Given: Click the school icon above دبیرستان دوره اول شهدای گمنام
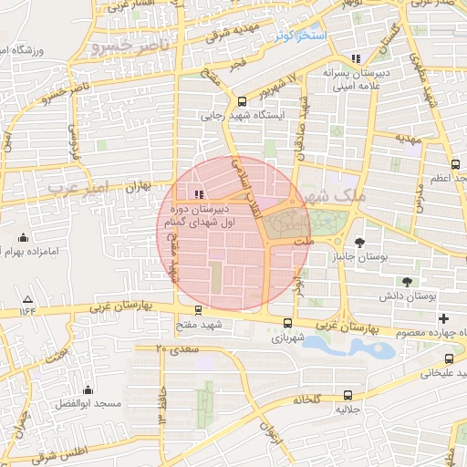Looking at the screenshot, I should [x=199, y=193].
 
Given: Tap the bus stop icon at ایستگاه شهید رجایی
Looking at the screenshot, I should [x=242, y=101].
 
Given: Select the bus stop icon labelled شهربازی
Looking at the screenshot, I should [x=288, y=323].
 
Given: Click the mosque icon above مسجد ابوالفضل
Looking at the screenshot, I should [x=87, y=389].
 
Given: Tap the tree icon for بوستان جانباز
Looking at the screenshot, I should [x=360, y=243].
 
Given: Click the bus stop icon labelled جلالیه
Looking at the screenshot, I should [x=348, y=395].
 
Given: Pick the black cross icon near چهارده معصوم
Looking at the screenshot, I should [x=444, y=318].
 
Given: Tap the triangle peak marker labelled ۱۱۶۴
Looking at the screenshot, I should [x=27, y=299].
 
